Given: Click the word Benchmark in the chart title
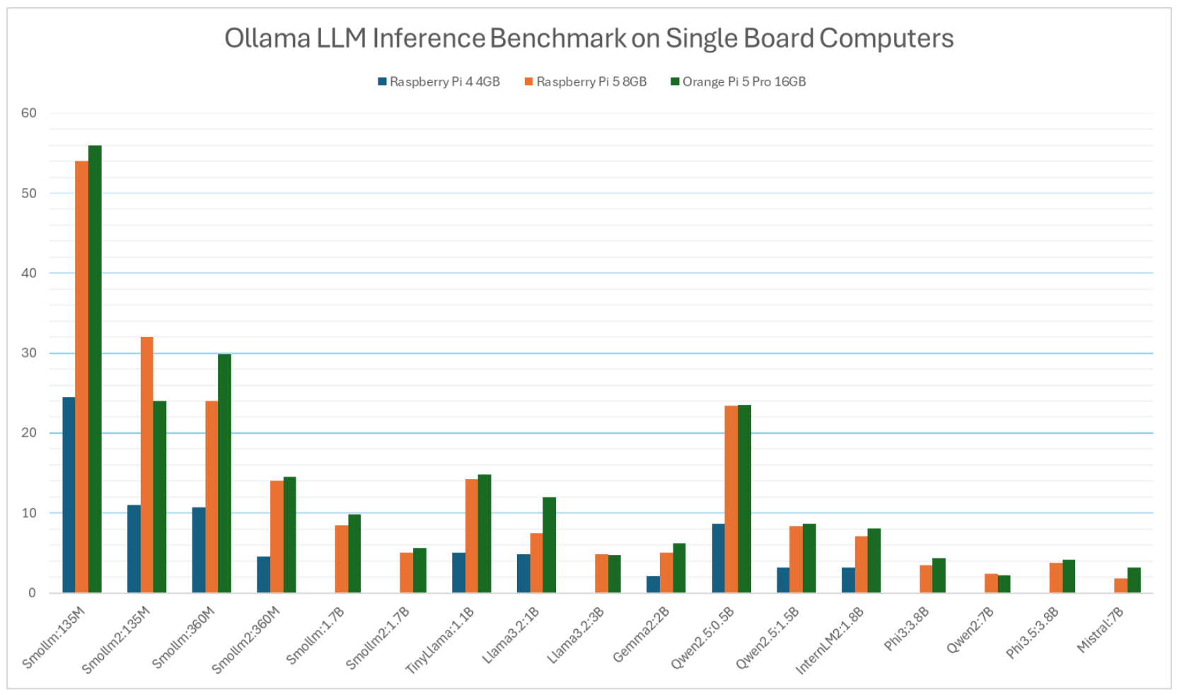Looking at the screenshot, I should (557, 38).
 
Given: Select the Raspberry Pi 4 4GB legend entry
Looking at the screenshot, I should (439, 82).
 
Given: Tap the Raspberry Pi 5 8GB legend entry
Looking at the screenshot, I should (585, 82).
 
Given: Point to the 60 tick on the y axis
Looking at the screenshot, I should (29, 113).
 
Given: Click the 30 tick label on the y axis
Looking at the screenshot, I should (29, 353).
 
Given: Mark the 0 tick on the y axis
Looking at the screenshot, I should (32, 593).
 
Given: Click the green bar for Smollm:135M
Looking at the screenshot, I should (95, 369).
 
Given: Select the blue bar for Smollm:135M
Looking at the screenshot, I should (69, 495).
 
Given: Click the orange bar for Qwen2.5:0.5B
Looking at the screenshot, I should (731, 499).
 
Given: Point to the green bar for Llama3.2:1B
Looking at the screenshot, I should (549, 545).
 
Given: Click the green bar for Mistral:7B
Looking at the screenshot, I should (1134, 580).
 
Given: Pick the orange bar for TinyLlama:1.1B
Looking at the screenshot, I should (472, 536).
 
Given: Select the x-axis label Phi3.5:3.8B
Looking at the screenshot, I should (1032, 633).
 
